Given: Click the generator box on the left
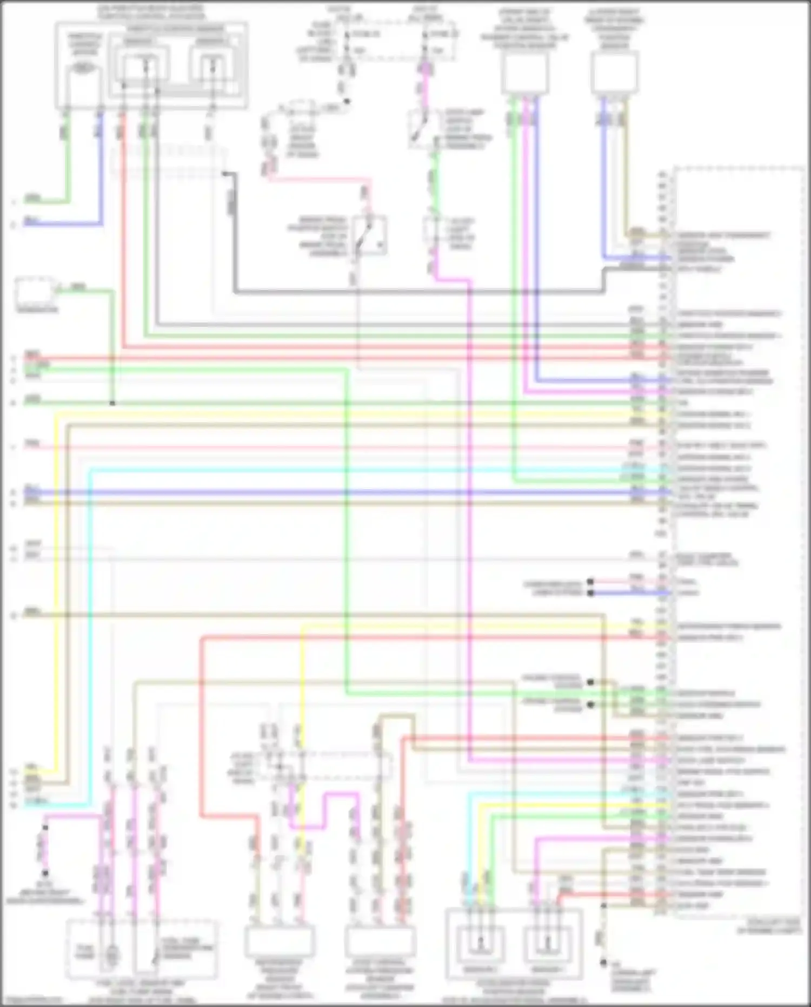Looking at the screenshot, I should point(35,292).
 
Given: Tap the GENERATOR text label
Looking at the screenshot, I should point(37,310).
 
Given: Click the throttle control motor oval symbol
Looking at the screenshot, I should point(83,69).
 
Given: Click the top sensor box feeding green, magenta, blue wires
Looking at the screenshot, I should point(524,74).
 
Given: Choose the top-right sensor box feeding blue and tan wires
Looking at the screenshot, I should point(614,73).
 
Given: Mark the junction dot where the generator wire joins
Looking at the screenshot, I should point(112,403).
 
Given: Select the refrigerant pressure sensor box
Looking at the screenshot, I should point(280,942).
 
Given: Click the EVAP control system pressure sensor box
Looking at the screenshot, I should point(380,942).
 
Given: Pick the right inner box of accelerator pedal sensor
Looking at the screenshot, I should point(547,944).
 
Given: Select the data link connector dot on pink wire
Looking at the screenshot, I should point(590,582).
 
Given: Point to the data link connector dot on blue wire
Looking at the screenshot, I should point(590,593).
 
